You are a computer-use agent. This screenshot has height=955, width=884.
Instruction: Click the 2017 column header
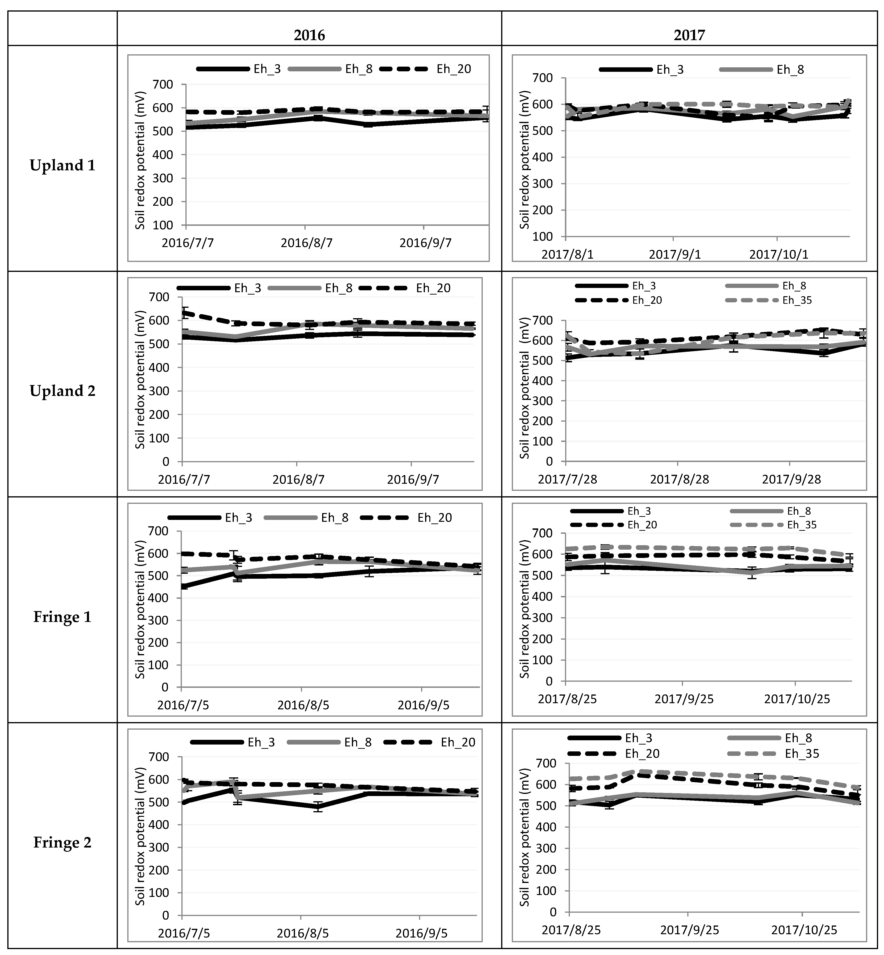(x=689, y=35)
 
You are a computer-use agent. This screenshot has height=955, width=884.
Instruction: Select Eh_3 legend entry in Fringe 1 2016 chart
(x=238, y=518)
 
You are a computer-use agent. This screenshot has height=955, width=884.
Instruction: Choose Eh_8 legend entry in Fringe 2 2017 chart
(x=798, y=738)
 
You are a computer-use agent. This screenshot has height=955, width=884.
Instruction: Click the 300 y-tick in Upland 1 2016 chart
(x=164, y=179)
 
